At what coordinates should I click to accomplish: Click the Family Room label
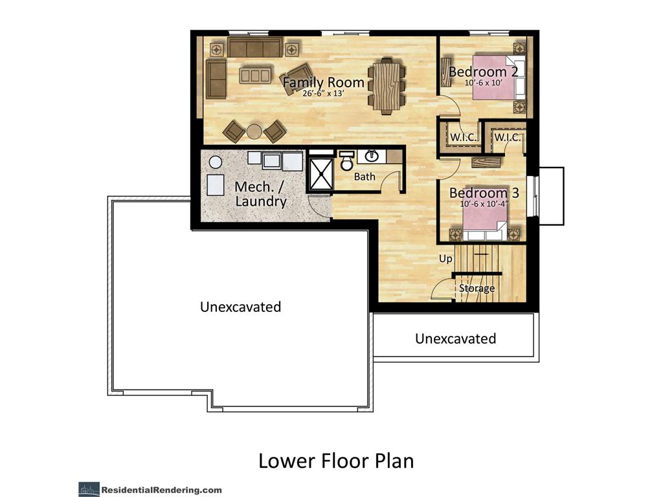pyautogui.click(x=324, y=82)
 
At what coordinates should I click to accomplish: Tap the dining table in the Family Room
pyautogui.click(x=387, y=86)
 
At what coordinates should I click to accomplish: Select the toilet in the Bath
pyautogui.click(x=347, y=161)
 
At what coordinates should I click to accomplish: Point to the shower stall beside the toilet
pyautogui.click(x=320, y=173)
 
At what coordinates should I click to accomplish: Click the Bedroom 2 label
pyautogui.click(x=483, y=71)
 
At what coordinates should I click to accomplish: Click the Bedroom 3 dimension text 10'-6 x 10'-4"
pyautogui.click(x=484, y=204)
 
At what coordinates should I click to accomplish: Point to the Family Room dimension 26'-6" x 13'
pyautogui.click(x=324, y=93)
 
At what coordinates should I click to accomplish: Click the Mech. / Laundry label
pyautogui.click(x=260, y=194)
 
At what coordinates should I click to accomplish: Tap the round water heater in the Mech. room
pyautogui.click(x=216, y=162)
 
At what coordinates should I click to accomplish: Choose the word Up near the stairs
pyautogui.click(x=445, y=259)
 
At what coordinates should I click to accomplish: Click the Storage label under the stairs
pyautogui.click(x=477, y=288)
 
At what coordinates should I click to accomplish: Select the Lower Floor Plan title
pyautogui.click(x=336, y=461)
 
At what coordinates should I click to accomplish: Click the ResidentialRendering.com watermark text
pyautogui.click(x=161, y=491)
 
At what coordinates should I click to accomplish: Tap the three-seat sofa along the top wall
pyautogui.click(x=255, y=47)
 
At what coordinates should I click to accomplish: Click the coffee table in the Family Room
pyautogui.click(x=254, y=76)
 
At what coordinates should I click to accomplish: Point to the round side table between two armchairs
pyautogui.click(x=254, y=131)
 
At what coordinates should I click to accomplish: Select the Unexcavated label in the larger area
pyautogui.click(x=241, y=307)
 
